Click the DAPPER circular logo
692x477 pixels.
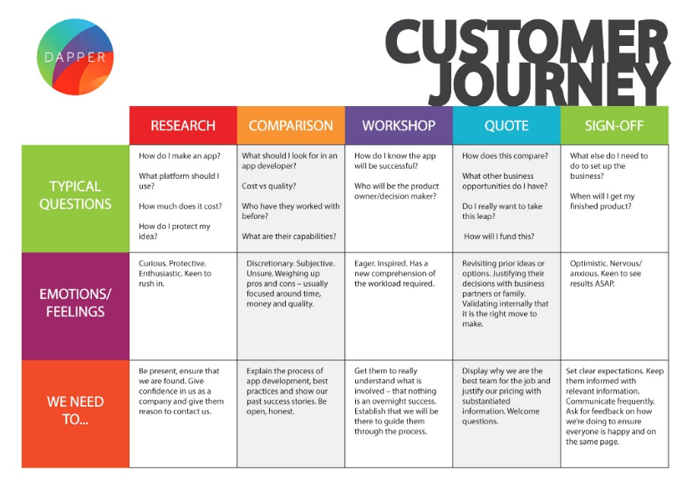[75, 57]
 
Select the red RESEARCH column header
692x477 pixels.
[183, 125]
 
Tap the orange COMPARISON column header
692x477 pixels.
[291, 125]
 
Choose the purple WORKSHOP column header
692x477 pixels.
[399, 125]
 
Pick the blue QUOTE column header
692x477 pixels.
[506, 125]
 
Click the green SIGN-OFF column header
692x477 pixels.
[614, 125]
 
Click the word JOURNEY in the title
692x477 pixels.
[548, 84]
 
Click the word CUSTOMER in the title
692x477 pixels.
[528, 42]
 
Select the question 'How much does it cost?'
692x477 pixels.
[180, 206]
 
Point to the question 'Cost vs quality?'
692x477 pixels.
[269, 185]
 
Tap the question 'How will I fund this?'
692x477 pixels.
[499, 236]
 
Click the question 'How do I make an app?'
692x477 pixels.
[179, 155]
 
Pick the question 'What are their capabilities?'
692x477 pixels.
[288, 236]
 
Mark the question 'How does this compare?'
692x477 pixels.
[505, 155]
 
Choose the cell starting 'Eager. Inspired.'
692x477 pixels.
[394, 273]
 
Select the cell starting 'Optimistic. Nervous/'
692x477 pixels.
[605, 273]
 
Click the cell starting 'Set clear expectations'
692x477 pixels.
[614, 406]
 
